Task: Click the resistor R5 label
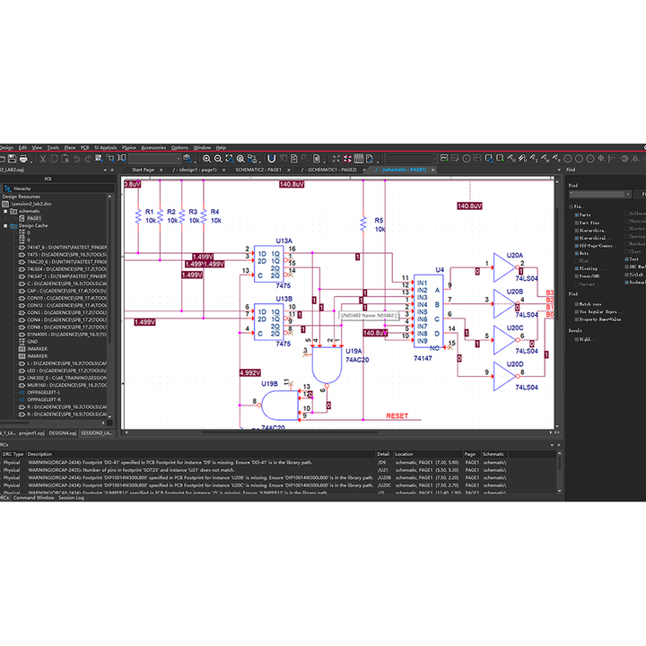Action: pyautogui.click(x=379, y=220)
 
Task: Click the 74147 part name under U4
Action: pyautogui.click(x=423, y=358)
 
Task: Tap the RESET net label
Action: pyautogui.click(x=397, y=416)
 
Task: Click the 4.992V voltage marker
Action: pyautogui.click(x=249, y=372)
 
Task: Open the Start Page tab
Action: pyautogui.click(x=143, y=169)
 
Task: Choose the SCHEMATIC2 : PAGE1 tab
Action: pyautogui.click(x=258, y=169)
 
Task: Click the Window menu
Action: pyautogui.click(x=202, y=147)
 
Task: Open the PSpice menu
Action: pyautogui.click(x=129, y=147)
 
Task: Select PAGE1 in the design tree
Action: pyautogui.click(x=34, y=218)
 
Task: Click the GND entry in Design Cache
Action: pyautogui.click(x=31, y=341)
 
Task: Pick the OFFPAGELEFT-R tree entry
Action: pyautogui.click(x=44, y=399)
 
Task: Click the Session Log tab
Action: pyautogui.click(x=71, y=497)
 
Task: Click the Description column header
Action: pyautogui.click(x=40, y=454)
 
